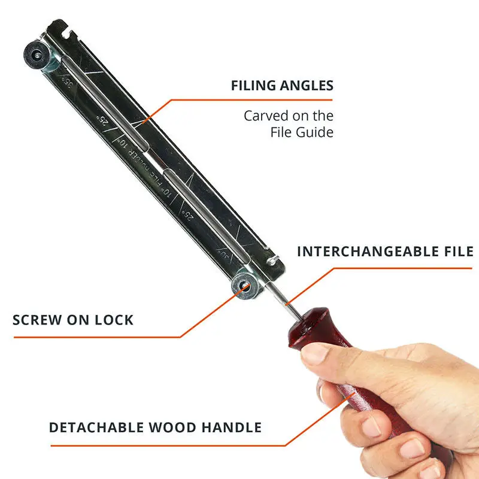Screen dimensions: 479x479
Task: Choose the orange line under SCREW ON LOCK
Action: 96,336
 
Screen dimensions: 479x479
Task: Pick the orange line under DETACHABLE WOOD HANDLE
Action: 168,445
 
